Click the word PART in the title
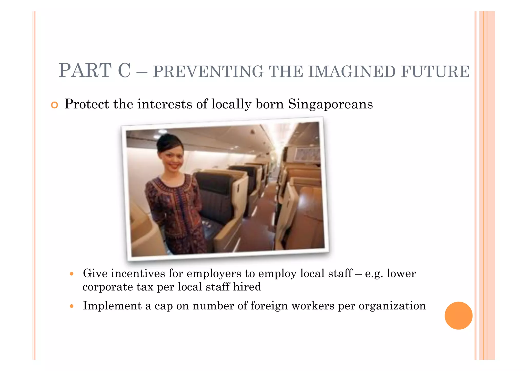point(85,71)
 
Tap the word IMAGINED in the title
point(352,72)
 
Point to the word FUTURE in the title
point(435,72)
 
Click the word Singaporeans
point(330,104)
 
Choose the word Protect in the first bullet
point(87,104)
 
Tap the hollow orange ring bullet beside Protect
point(54,105)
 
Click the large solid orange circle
point(458,316)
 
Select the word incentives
point(138,273)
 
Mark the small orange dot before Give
point(72,274)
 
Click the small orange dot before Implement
point(72,306)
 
